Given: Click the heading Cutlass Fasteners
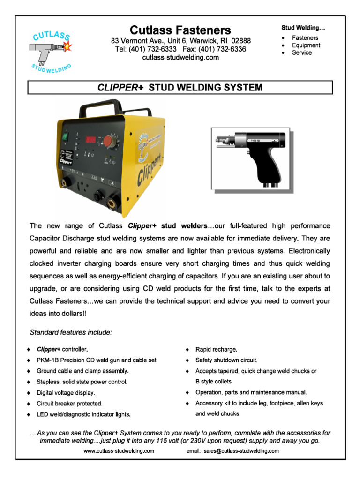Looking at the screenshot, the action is pyautogui.click(x=180, y=30).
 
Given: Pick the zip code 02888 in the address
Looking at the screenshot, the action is pyautogui.click(x=240, y=41).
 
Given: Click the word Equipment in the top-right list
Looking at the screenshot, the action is pyautogui.click(x=306, y=45).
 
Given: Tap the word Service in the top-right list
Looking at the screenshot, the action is pyautogui.click(x=302, y=53).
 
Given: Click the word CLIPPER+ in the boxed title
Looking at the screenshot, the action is pyautogui.click(x=121, y=88).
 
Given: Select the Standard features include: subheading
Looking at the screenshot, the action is pyautogui.click(x=71, y=333).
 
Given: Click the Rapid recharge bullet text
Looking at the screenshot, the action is pyautogui.click(x=216, y=350).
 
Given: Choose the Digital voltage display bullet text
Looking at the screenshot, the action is pyautogui.click(x=66, y=392).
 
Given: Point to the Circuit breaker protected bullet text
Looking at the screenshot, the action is pyautogui.click(x=69, y=403).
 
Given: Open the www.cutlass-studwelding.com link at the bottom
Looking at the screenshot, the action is pyautogui.click(x=119, y=451).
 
